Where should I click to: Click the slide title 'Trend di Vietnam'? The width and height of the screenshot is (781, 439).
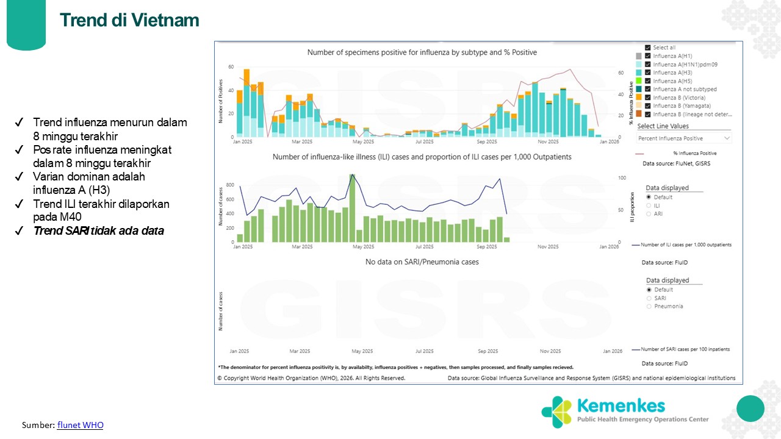pos(129,20)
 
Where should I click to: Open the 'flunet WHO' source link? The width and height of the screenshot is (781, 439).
pos(80,424)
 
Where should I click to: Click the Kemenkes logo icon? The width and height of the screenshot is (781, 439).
pos(556,411)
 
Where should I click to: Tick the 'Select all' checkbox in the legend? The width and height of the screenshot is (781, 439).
pos(647,48)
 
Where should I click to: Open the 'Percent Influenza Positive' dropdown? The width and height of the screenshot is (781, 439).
pos(684,138)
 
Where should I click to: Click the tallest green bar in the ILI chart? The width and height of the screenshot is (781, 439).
pos(352,208)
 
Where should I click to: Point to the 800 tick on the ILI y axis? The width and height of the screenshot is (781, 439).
pos(231,185)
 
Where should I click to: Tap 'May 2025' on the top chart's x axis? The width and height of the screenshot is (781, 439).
pos(363,141)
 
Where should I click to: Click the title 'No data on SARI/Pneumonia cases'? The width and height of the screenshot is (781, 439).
pos(422,262)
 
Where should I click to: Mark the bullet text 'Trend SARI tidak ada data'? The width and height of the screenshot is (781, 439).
pos(98,231)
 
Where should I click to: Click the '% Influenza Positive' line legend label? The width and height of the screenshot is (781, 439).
pos(694,154)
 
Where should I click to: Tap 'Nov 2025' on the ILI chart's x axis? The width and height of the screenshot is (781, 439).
pos(548,247)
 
